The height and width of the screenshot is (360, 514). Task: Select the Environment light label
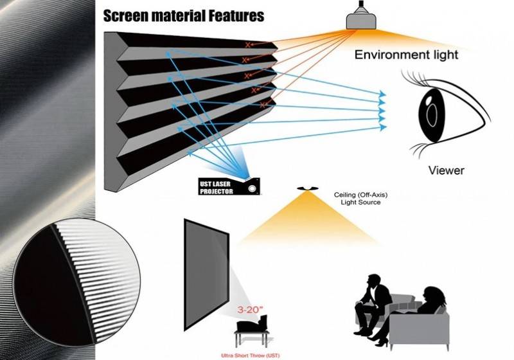pyautogui.click(x=406, y=55)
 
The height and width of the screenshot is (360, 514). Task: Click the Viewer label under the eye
pyautogui.click(x=447, y=170)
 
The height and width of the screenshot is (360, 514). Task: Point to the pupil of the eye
pyautogui.click(x=432, y=115)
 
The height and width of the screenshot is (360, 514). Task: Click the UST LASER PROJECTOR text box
pyautogui.click(x=215, y=187)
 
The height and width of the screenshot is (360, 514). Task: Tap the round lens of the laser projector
pyautogui.click(x=252, y=189)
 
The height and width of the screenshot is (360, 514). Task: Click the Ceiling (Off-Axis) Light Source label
pyautogui.click(x=360, y=199)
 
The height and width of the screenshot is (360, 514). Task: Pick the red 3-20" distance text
pyautogui.click(x=250, y=310)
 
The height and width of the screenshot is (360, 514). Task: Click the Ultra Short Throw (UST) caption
pyautogui.click(x=251, y=355)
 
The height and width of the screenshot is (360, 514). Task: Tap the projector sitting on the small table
pyautogui.click(x=252, y=324)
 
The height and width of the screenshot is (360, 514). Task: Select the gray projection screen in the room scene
pyautogui.click(x=206, y=274)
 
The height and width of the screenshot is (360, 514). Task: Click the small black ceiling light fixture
pyautogui.click(x=308, y=188)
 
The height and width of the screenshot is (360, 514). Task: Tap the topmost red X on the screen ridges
pyautogui.click(x=247, y=44)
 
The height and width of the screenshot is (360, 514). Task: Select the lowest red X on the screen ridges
pyautogui.click(x=262, y=105)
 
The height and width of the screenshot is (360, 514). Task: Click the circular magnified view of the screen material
pyautogui.click(x=76, y=282)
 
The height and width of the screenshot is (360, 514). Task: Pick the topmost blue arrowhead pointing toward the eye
pyautogui.click(x=382, y=94)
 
